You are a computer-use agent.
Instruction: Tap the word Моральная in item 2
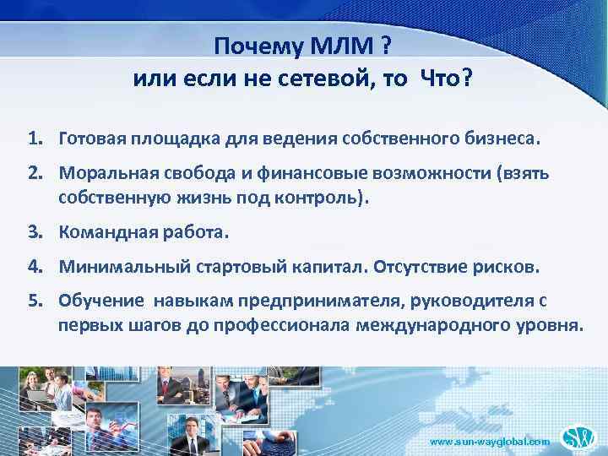click(100, 174)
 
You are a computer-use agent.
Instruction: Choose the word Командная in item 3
click(100, 231)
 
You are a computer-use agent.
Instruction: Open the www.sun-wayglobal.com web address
click(491, 442)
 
